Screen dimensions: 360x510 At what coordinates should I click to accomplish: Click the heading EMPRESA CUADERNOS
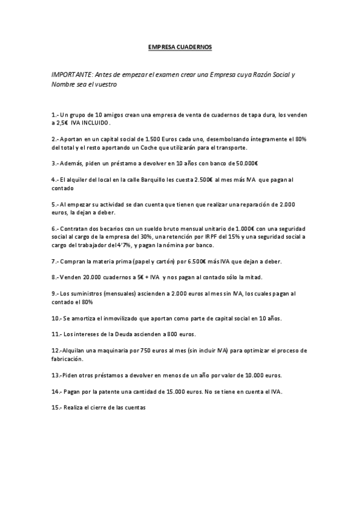[x=180, y=46]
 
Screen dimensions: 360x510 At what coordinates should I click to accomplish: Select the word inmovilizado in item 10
[x=123, y=318]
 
